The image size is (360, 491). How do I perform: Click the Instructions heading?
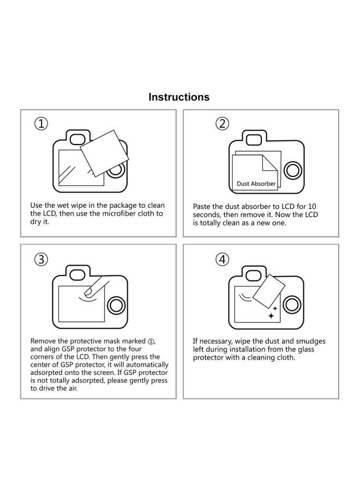[x=179, y=97]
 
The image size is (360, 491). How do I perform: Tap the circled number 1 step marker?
[x=41, y=124]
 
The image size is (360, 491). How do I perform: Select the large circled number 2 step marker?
[x=222, y=124]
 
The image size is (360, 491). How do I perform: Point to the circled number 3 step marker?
[x=41, y=260]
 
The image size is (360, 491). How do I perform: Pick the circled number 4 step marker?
[x=222, y=260]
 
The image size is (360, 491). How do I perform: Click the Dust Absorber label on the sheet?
[x=256, y=184]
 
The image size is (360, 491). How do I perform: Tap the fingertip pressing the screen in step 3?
[x=88, y=292]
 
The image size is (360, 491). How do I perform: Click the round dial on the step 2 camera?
[x=293, y=171]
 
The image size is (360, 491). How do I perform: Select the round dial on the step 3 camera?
[x=116, y=306]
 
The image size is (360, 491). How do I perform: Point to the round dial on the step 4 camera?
[x=292, y=305]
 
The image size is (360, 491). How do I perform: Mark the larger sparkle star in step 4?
[x=271, y=315]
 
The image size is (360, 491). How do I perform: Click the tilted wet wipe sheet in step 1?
[x=104, y=153]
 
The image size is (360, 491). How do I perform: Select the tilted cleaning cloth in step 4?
[x=268, y=291]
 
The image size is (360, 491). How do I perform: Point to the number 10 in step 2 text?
[x=312, y=206]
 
